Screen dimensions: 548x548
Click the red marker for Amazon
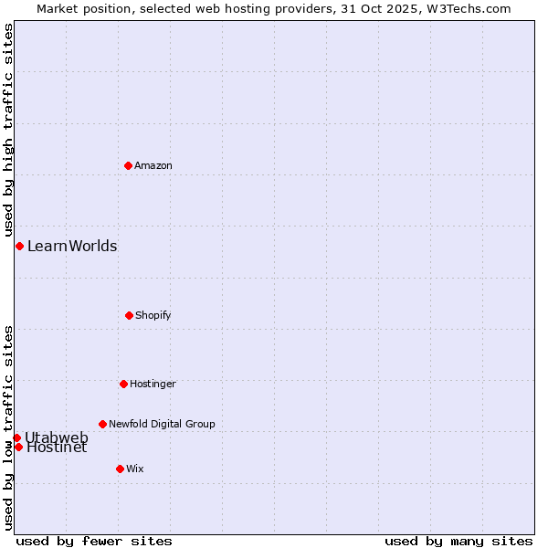click(x=128, y=165)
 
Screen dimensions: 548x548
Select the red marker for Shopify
click(x=129, y=315)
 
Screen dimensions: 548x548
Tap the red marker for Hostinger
click(x=123, y=384)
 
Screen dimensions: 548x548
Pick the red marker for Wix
click(x=120, y=469)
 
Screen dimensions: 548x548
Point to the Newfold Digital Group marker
click(x=102, y=424)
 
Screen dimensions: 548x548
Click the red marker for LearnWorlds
click(x=19, y=246)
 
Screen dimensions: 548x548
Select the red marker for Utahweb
click(x=16, y=437)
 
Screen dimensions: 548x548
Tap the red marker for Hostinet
click(x=18, y=447)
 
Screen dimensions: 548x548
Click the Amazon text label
click(x=153, y=165)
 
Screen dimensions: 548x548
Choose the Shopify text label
click(x=153, y=315)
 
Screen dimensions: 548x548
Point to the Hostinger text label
click(x=153, y=384)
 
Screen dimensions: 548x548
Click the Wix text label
click(x=135, y=469)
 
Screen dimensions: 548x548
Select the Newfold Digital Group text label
click(x=162, y=424)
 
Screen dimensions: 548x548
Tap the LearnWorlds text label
click(x=72, y=246)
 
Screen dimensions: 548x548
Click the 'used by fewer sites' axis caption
click(x=94, y=541)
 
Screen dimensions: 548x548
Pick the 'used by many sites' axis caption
click(x=458, y=541)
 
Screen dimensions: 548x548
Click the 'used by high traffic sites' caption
click(x=8, y=131)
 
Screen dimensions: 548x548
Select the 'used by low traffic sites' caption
click(x=8, y=427)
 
